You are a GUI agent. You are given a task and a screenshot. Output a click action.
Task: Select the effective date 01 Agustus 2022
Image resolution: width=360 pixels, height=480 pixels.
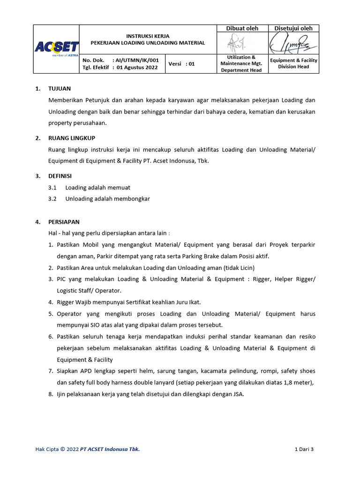click(x=138, y=67)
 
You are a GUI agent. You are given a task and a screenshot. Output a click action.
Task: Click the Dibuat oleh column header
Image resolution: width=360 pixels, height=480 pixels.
click(x=242, y=28)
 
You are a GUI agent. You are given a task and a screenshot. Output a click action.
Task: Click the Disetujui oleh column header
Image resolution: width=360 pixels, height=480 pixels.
click(x=293, y=28)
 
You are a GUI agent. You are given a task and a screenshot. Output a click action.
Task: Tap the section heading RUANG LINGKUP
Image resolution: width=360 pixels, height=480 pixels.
click(x=72, y=138)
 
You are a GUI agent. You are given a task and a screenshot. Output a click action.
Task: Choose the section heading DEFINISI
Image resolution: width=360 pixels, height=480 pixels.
click(x=60, y=176)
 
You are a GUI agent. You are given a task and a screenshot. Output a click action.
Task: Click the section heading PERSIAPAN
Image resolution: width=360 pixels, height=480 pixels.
click(x=64, y=222)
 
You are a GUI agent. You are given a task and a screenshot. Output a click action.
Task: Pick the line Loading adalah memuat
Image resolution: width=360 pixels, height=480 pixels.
click(x=97, y=187)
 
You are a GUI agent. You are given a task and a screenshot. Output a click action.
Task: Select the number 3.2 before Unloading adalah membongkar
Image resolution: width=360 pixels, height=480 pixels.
click(x=52, y=199)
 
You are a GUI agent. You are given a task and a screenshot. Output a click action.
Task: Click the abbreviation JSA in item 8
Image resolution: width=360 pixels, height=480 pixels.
click(x=238, y=394)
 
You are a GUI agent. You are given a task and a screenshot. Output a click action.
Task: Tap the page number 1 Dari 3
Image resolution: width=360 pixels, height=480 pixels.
click(x=304, y=450)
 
